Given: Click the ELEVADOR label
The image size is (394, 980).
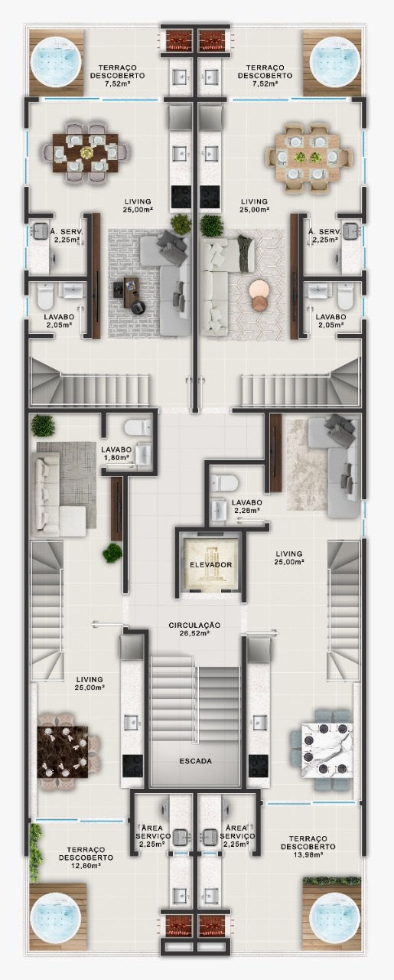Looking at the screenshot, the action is coord(211,564).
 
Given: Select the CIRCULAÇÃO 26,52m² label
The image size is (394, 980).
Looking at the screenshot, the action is coord(194,629).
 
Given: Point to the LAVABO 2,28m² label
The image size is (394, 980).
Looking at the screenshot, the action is coord(247,506).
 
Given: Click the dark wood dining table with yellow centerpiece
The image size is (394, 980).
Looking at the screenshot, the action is coord(86,152).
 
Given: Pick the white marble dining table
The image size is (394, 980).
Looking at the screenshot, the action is coord(327,750).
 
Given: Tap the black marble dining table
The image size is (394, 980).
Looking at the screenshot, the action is coord(63,752).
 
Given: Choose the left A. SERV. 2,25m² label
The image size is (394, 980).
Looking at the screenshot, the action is coord(65,235).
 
